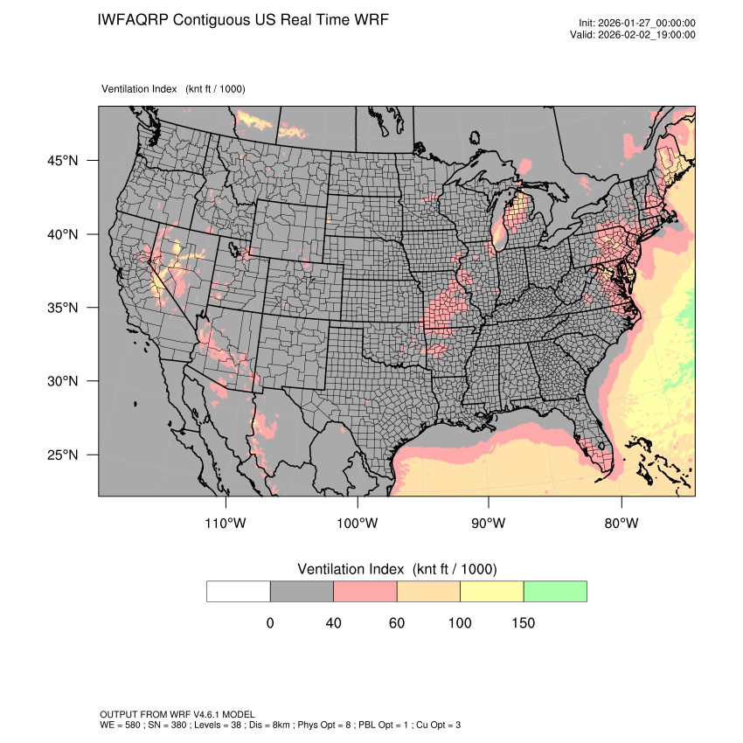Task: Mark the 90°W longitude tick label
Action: click(x=489, y=524)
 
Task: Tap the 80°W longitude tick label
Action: click(x=621, y=524)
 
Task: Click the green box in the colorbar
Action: click(x=555, y=591)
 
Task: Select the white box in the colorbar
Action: click(x=239, y=591)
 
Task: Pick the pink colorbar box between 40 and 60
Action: click(x=365, y=591)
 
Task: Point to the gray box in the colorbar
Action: click(x=302, y=591)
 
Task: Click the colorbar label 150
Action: click(x=523, y=623)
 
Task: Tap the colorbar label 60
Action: click(x=397, y=623)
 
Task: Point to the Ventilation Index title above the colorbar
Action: click(x=397, y=569)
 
